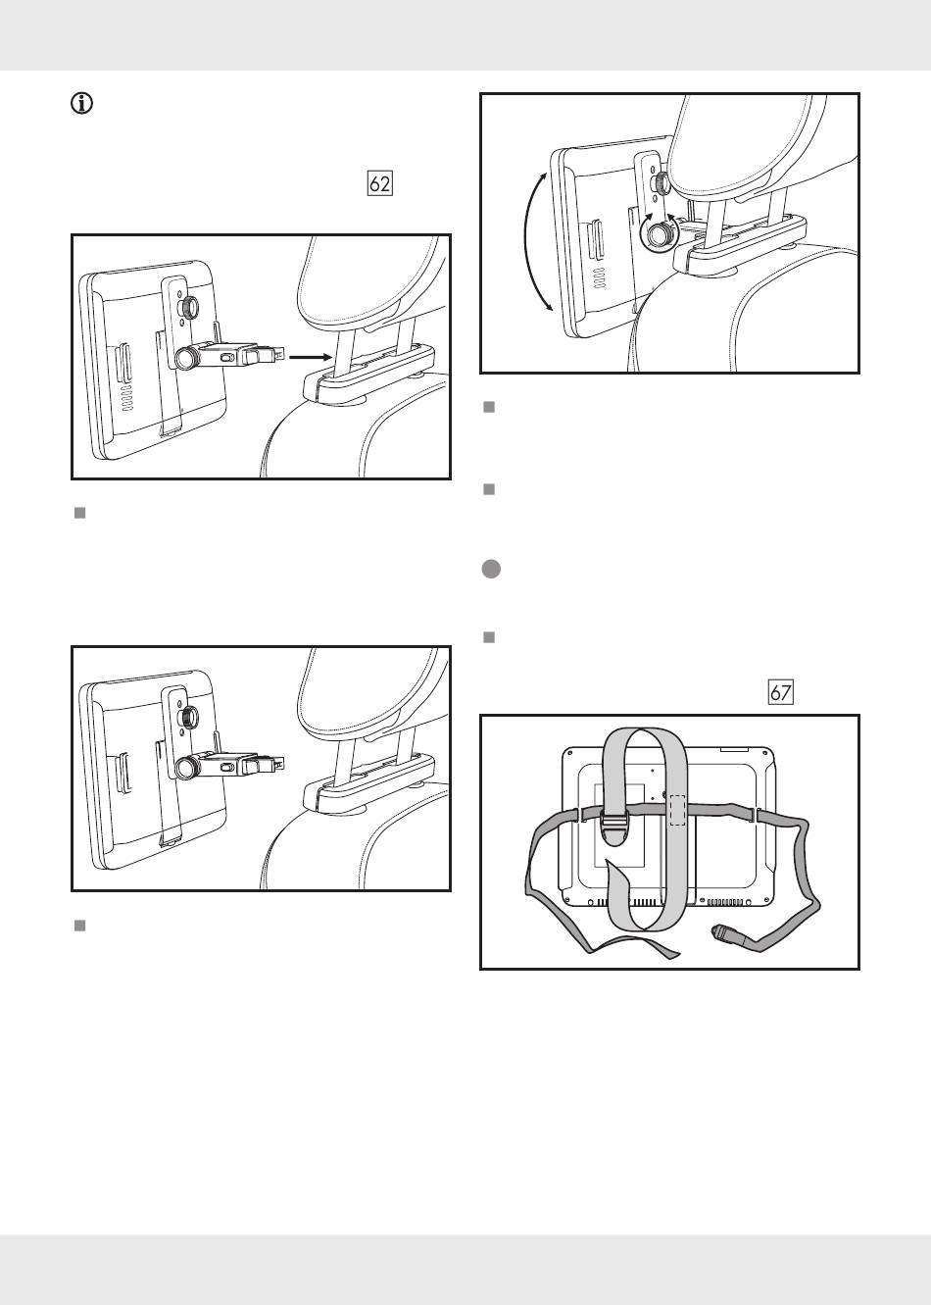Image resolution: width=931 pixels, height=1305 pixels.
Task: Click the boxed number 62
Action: tap(379, 184)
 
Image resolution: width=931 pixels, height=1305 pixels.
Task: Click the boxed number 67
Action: tap(780, 692)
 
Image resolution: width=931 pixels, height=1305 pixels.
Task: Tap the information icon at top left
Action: tap(82, 104)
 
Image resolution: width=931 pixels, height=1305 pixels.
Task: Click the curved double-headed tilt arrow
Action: tap(533, 241)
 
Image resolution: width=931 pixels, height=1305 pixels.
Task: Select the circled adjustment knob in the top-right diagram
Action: tap(660, 233)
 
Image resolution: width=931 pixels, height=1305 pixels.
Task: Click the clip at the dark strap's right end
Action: tap(727, 934)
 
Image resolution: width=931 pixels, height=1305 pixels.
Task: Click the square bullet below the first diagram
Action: tap(80, 513)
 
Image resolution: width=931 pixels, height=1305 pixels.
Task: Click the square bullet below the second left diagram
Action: tap(80, 925)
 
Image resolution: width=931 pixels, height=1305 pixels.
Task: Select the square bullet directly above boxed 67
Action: tap(488, 637)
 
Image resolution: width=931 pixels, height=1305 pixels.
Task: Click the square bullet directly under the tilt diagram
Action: tap(488, 406)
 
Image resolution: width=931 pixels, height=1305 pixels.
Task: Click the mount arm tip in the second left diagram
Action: tap(278, 761)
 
